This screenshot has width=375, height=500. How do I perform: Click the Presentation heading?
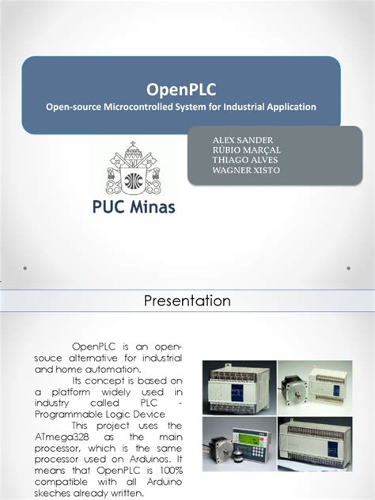[187, 301]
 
